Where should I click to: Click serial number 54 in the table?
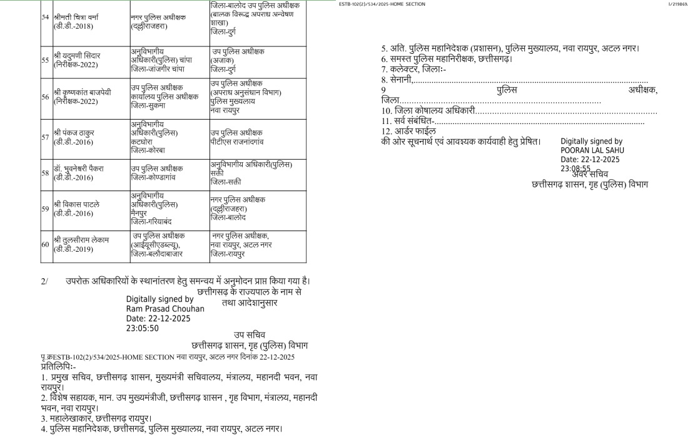click(45, 16)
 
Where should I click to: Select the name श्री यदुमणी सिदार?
click(77, 55)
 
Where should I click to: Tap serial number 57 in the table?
click(45, 137)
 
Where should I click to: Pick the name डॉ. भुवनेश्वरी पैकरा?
click(78, 169)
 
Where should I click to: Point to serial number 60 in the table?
click(45, 244)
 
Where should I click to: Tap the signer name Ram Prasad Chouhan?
click(165, 309)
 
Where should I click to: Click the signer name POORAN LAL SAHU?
click(592, 150)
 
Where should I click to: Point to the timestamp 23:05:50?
click(143, 328)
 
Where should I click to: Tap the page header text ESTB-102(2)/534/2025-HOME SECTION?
click(382, 4)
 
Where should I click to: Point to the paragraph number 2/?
click(44, 281)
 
